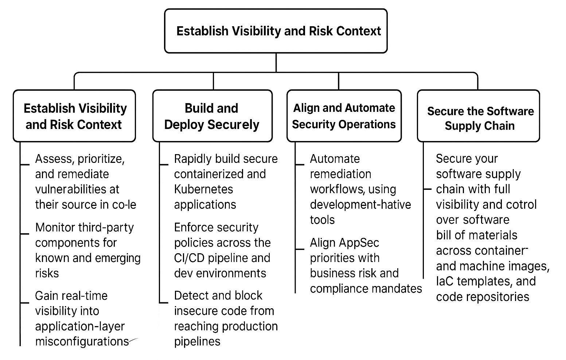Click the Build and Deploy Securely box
pos(212,116)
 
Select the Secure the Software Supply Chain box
pos(478,116)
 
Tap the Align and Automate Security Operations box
pos(344,116)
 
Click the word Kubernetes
pos(203,189)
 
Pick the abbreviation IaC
pos(445,281)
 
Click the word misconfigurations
pos(82,341)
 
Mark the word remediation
pos(340,174)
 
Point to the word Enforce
pos(194,227)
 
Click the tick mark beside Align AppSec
pos(300,249)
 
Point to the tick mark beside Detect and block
pos(164,302)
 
